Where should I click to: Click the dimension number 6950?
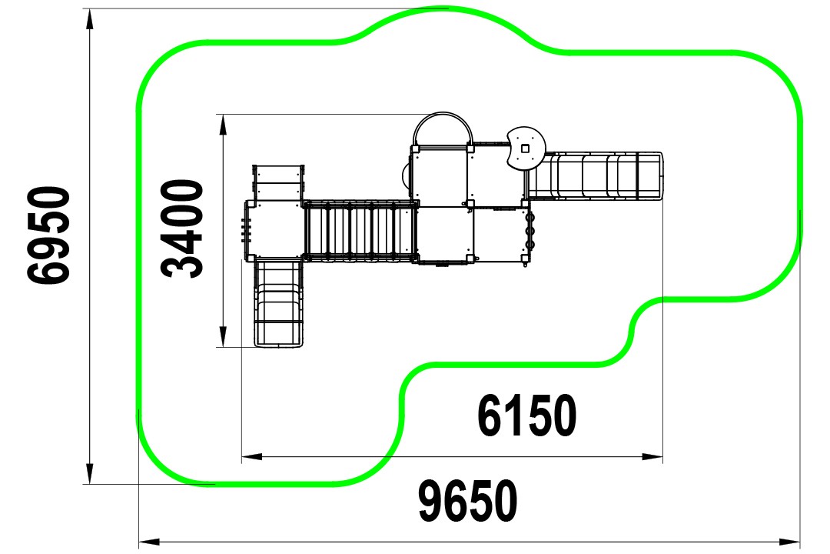pyautogui.click(x=48, y=235)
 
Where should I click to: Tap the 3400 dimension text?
pyautogui.click(x=182, y=229)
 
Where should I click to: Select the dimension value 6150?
pyautogui.click(x=526, y=415)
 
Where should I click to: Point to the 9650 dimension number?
pyautogui.click(x=468, y=501)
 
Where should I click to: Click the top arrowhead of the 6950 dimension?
pyautogui.click(x=90, y=19)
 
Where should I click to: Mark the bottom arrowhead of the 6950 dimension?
pyautogui.click(x=90, y=473)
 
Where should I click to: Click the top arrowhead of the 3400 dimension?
pyautogui.click(x=224, y=125)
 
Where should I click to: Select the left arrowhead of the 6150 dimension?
pyautogui.click(x=252, y=456)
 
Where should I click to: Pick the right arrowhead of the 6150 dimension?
pyautogui.click(x=652, y=456)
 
